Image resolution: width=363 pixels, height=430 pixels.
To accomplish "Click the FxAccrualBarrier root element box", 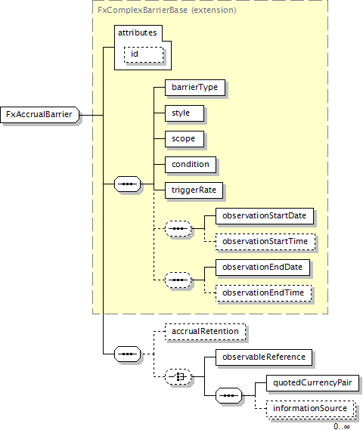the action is (40, 115).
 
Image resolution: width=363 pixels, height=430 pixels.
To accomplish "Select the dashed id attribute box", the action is (144, 54).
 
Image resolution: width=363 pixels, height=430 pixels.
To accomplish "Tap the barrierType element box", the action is (195, 88).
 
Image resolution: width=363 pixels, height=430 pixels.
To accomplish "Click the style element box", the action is (185, 113).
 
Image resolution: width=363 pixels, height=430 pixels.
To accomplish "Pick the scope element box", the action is (185, 139).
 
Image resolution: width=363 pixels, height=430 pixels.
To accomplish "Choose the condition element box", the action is (191, 165).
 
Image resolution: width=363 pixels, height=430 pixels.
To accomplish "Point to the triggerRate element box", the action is (194, 190).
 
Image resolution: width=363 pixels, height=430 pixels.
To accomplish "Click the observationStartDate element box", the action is (265, 216).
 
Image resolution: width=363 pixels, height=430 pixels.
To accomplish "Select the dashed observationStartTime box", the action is (265, 242).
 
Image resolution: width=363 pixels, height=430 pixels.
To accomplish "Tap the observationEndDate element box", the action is (262, 268).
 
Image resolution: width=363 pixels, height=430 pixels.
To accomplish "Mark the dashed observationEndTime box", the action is (263, 293).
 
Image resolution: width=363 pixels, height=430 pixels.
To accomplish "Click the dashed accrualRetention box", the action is (205, 332).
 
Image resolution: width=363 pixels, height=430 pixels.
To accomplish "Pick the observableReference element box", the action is (264, 357).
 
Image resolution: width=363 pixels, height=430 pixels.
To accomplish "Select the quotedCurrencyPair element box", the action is (312, 383).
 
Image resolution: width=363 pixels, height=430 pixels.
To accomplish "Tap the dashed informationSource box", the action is (311, 410).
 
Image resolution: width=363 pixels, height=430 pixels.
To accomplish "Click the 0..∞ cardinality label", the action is (342, 426).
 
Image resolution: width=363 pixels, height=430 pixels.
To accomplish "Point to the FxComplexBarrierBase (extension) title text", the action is (167, 10).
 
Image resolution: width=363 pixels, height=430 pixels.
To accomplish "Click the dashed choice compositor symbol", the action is (178, 377).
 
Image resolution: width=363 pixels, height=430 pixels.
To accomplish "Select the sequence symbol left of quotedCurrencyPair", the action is (229, 395).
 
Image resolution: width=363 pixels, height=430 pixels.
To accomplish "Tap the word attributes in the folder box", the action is (137, 32).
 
